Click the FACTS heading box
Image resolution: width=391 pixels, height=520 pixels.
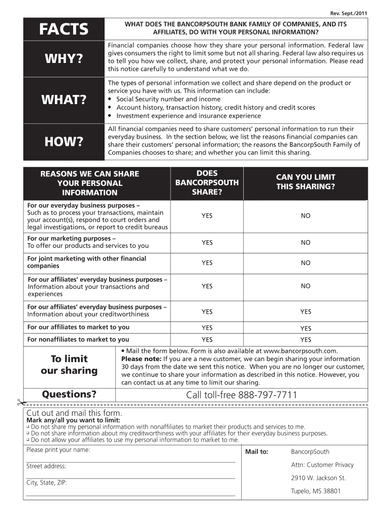(x=63, y=29)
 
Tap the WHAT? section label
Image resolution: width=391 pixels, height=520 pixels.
(x=63, y=100)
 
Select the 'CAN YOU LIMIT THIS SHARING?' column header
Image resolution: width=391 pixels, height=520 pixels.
(x=305, y=182)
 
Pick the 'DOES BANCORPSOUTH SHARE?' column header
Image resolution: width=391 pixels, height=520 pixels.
(x=207, y=182)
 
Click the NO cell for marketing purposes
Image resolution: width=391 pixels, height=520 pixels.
(x=305, y=243)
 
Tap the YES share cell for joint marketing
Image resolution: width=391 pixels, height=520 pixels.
(x=207, y=263)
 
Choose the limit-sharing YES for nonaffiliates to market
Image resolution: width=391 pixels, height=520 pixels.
(x=305, y=340)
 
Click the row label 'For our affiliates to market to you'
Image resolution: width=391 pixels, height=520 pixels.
(x=78, y=327)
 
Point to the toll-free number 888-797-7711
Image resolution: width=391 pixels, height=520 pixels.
(x=241, y=395)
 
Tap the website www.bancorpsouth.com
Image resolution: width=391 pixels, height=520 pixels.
(x=300, y=350)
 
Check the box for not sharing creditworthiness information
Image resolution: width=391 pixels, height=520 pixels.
(x=28, y=434)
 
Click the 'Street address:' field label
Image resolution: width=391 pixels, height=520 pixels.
(x=46, y=466)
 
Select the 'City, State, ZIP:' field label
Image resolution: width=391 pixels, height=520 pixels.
(x=47, y=483)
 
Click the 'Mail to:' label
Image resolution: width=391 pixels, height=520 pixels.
(x=256, y=452)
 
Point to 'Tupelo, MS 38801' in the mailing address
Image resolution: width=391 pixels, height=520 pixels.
(x=315, y=491)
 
